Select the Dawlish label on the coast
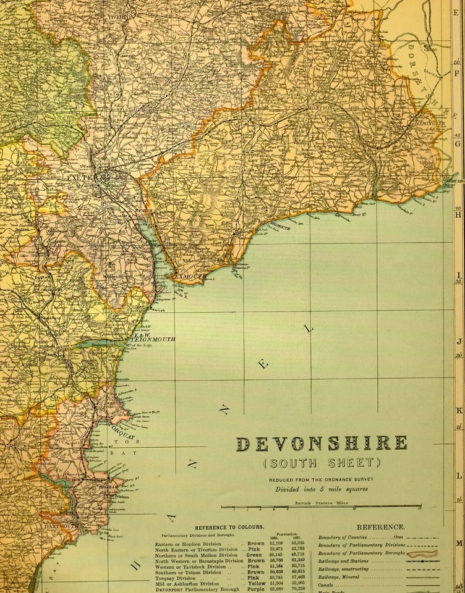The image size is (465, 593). tap(160, 310)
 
